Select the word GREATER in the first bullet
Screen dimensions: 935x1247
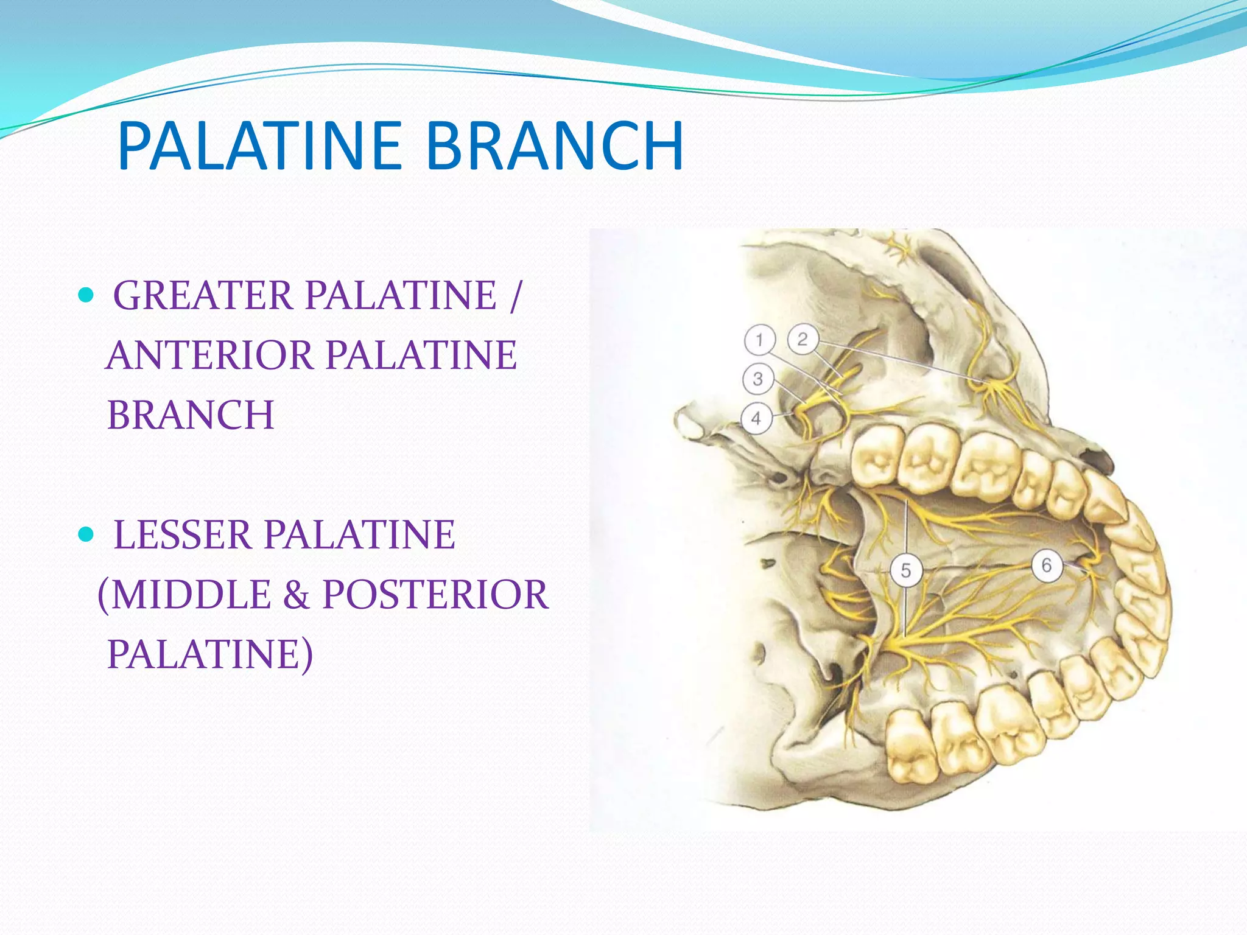coord(203,296)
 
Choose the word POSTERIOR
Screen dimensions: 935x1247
coord(435,595)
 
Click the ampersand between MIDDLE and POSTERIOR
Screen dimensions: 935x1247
coord(297,596)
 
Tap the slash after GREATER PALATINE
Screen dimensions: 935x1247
coord(516,296)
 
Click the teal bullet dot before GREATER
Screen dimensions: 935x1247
coord(86,296)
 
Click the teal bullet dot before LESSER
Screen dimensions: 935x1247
coord(86,535)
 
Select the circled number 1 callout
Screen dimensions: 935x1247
coord(759,340)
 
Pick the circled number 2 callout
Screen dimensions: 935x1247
coord(803,339)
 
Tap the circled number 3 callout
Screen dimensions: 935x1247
coord(757,379)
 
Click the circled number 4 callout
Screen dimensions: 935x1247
coord(756,418)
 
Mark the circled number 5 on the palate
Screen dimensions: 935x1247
coord(905,570)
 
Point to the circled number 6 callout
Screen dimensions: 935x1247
coord(1046,566)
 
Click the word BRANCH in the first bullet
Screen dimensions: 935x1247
coord(191,415)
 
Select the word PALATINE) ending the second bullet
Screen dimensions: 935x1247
coord(210,654)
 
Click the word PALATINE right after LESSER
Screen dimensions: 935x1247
coord(359,535)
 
